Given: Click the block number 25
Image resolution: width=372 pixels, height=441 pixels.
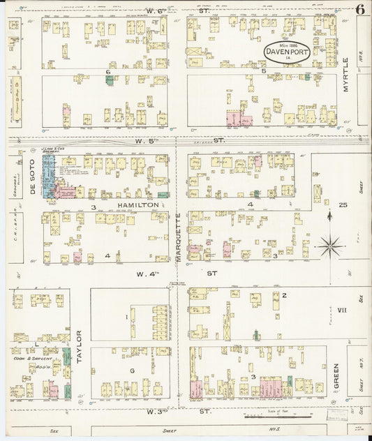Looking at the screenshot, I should pos(343,204).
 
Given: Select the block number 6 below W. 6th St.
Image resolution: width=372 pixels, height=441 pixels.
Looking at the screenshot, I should pos(108,72).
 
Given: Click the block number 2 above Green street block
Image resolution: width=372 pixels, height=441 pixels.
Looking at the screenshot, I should pos(284,295).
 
